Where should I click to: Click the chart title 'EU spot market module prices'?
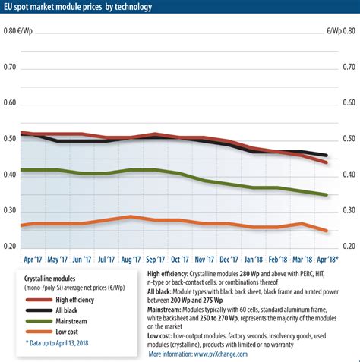(52, 7)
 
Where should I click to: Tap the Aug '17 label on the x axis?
(131, 260)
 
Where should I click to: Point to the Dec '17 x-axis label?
(229, 260)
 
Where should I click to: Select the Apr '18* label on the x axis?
(327, 260)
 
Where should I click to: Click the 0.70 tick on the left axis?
(10, 67)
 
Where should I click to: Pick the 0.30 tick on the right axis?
(349, 210)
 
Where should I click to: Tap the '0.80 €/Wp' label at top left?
(18, 31)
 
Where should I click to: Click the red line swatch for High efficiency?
(39, 300)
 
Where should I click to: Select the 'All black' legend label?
(67, 310)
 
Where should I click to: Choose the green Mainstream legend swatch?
(39, 321)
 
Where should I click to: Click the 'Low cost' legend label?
(67, 332)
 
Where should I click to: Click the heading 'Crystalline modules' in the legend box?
(49, 279)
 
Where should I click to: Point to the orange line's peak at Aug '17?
(131, 216)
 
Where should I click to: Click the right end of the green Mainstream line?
(327, 195)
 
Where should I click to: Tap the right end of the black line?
(327, 156)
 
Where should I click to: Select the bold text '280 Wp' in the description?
(249, 274)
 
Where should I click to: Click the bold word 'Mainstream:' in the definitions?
(164, 310)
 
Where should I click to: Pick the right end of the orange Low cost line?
(327, 231)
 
